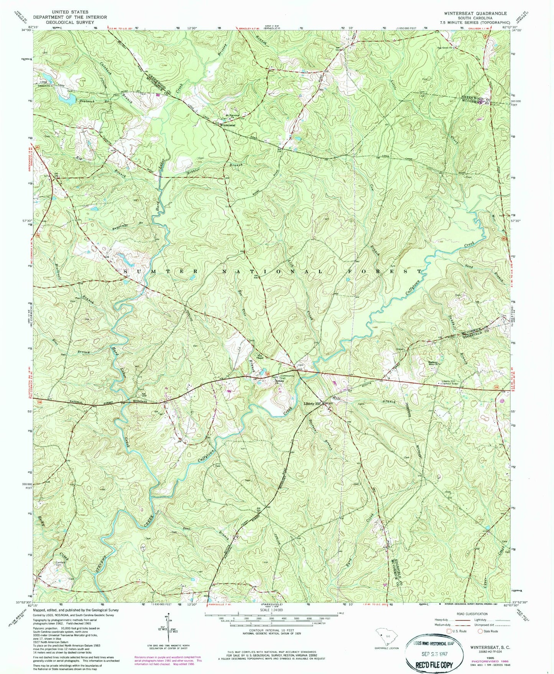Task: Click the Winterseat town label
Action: (227, 125)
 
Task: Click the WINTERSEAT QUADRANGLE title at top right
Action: (475, 13)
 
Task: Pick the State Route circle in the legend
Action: (480, 631)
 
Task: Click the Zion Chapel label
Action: (260, 355)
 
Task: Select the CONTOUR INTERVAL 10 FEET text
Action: (271, 630)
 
